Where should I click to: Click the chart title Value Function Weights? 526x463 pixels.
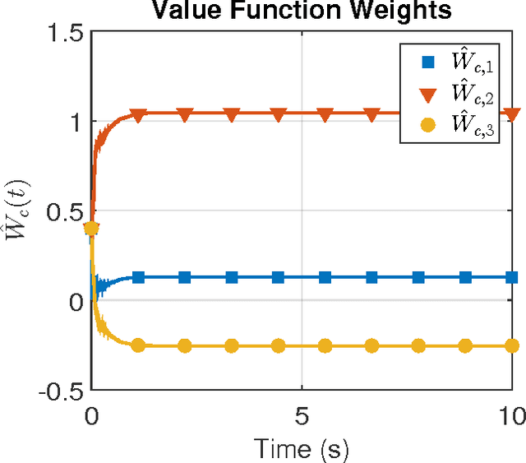click(x=303, y=11)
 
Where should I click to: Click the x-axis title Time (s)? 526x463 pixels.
click(x=302, y=449)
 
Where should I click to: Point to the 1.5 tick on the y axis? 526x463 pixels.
click(x=63, y=33)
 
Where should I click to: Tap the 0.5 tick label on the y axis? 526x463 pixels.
click(x=63, y=212)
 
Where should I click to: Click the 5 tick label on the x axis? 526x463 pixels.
click(x=302, y=416)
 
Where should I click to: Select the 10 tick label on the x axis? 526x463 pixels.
click(x=511, y=416)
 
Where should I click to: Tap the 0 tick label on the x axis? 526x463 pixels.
click(x=91, y=416)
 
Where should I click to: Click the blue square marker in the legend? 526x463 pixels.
click(x=427, y=61)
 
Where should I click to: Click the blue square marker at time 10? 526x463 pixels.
click(x=512, y=278)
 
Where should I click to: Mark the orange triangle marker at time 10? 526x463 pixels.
click(x=512, y=114)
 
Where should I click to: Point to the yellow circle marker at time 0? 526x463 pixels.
click(x=92, y=229)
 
